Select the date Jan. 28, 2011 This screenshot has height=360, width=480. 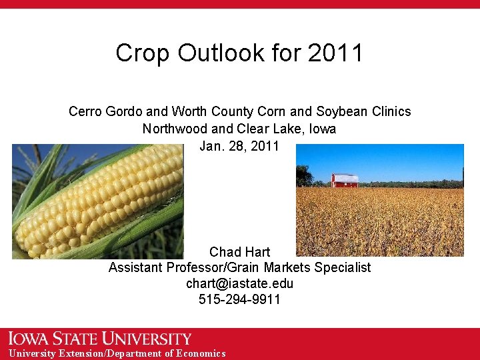pyautogui.click(x=239, y=146)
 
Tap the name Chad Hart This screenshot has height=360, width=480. pyautogui.click(x=239, y=252)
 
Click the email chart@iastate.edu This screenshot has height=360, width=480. pyautogui.click(x=239, y=283)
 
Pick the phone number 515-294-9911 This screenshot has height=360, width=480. pyautogui.click(x=239, y=299)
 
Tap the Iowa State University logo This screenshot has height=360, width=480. pyautogui.click(x=100, y=339)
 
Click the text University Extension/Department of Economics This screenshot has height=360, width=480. pyautogui.click(x=117, y=353)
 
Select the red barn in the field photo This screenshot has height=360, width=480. pyautogui.click(x=345, y=180)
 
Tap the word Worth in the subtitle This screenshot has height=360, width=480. pyautogui.click(x=188, y=111)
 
